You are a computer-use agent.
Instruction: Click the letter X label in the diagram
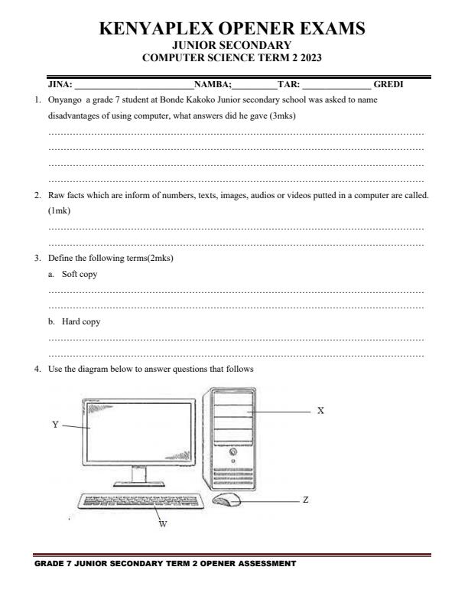[320, 411]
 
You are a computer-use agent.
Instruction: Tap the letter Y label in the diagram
[55, 425]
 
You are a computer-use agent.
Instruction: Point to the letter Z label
[306, 500]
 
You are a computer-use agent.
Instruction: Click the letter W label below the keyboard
[162, 524]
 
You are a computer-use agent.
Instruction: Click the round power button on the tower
[233, 452]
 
